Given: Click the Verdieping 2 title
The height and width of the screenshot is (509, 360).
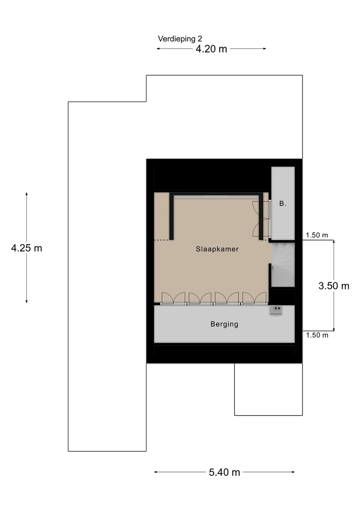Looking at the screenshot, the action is (180, 39).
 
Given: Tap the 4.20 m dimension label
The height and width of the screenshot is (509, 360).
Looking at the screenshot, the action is (211, 49).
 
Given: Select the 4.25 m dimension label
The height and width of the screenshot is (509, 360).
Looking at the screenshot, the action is (26, 248).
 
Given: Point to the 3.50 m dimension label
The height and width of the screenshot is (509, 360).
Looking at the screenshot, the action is (334, 286).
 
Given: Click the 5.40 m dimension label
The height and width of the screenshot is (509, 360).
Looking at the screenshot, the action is (224, 472).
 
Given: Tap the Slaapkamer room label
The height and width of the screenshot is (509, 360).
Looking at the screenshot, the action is (217, 249).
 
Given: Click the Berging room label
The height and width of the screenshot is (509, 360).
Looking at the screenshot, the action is (224, 324).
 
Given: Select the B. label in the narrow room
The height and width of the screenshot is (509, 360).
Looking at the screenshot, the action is (283, 204).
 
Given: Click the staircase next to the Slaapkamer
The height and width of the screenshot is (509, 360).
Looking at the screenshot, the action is (283, 265).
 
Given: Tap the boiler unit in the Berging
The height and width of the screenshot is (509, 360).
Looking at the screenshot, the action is (276, 310).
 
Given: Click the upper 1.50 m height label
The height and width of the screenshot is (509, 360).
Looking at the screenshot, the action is (317, 235).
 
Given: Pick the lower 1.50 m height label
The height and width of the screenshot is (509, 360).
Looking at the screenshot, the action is (317, 335).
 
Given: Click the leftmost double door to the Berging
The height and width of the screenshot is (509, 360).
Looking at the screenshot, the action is (173, 298).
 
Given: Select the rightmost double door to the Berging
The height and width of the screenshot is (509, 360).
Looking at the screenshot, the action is (254, 298).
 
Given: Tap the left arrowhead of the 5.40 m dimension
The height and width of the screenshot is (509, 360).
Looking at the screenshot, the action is (155, 472).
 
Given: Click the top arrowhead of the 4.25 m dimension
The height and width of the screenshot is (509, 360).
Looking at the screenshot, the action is (26, 194).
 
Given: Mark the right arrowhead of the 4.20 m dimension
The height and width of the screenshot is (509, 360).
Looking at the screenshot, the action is (265, 49).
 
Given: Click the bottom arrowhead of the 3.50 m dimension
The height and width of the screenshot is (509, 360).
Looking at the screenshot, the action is (334, 329).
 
